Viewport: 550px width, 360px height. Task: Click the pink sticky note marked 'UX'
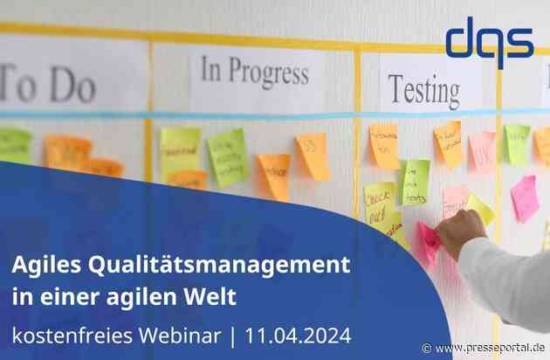tap(482, 151)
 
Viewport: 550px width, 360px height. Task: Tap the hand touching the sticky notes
tap(460, 231)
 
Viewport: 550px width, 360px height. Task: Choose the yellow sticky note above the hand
tap(479, 208)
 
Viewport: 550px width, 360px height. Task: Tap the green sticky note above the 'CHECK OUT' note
tap(416, 181)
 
